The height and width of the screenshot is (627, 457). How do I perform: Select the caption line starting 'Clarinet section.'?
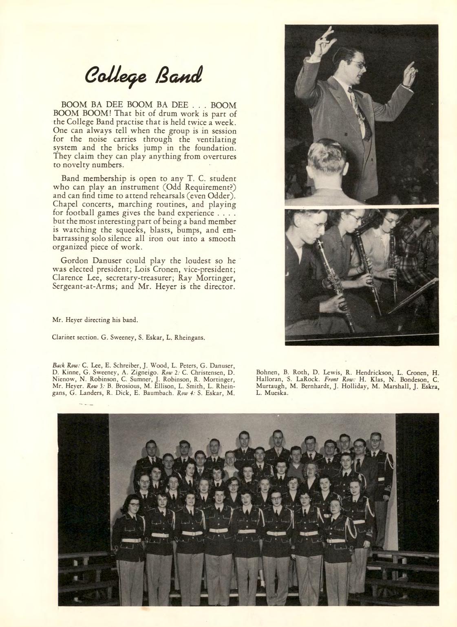coord(128,337)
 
